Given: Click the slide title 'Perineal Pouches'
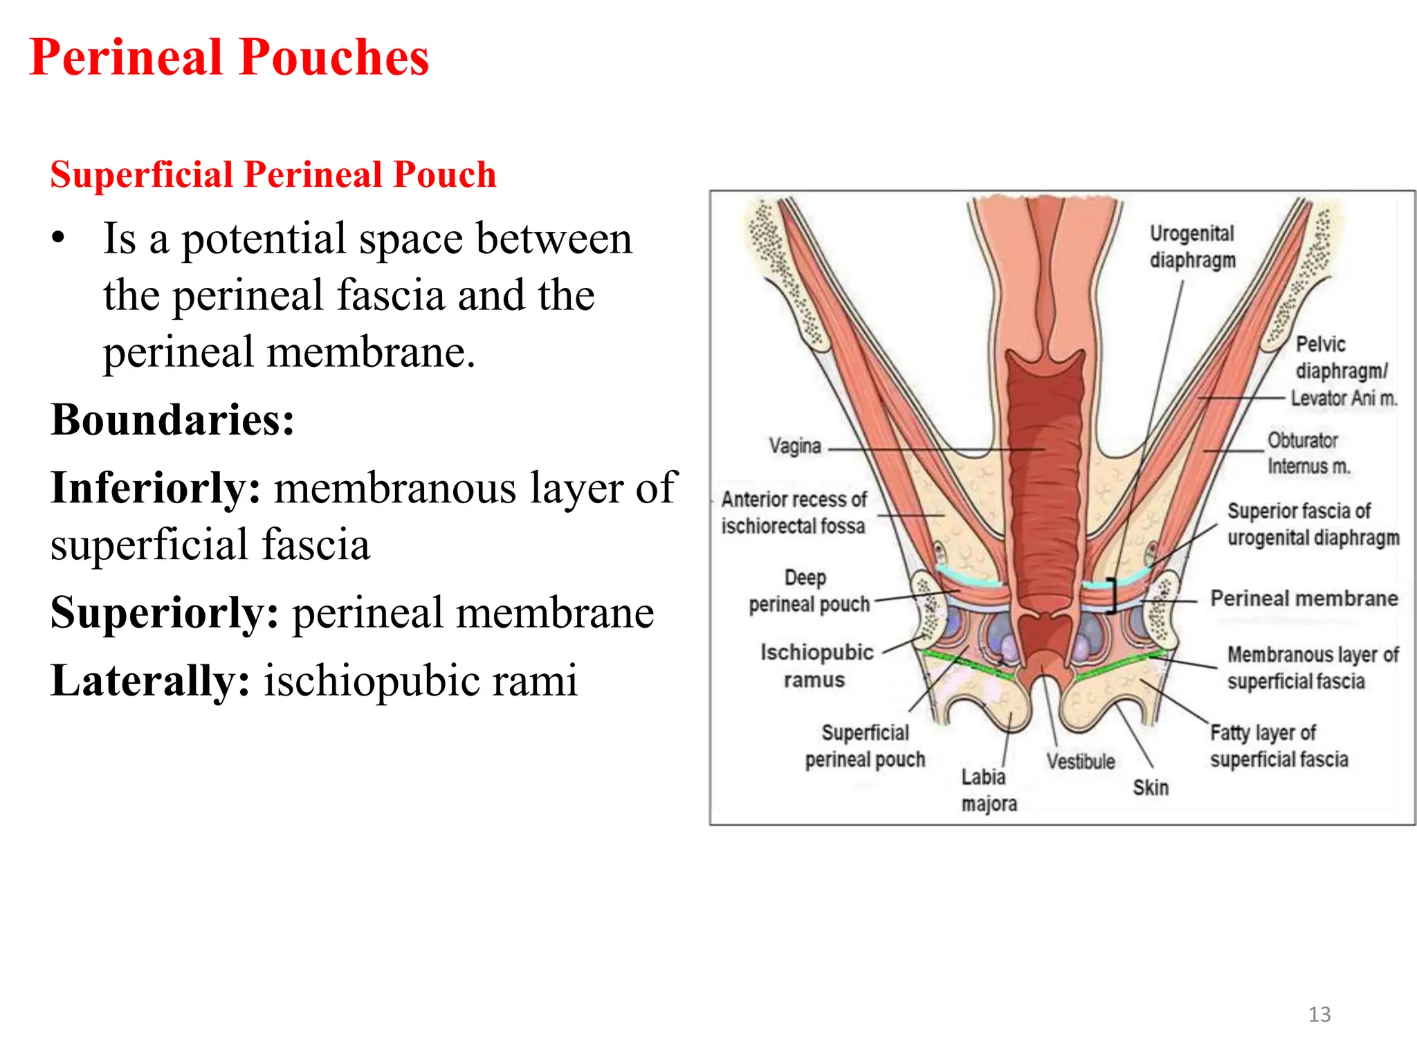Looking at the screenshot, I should coord(229,57).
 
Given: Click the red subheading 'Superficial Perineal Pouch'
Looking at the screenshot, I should coord(273,174).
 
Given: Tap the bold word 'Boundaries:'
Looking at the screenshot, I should coord(172,419).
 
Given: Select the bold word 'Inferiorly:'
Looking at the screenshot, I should coord(156,487).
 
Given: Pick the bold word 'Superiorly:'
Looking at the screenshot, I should coord(165,612).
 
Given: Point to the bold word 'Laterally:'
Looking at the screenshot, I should coord(150,680).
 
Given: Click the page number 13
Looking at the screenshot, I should coord(1319,1014).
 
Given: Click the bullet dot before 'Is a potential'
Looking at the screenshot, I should coord(59,238).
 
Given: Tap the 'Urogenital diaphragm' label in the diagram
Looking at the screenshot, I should coord(1192,247).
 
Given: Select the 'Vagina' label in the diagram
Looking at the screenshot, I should coord(795,446).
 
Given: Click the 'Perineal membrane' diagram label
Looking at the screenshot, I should coord(1304,599).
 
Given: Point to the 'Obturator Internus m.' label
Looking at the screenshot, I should coord(1308,453).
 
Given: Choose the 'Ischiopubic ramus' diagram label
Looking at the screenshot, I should coord(816,666).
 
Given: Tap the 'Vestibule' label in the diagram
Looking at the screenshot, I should coord(1080,761).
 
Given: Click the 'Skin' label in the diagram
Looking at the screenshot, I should coord(1150,788).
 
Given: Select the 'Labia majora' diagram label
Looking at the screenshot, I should coord(988,790).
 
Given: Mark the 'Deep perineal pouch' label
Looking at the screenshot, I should coord(808,591).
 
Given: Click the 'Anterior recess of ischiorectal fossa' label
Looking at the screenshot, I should coord(794,513).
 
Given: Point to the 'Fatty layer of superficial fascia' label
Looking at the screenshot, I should coord(1279,746).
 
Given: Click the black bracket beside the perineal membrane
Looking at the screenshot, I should coord(1113,595).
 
